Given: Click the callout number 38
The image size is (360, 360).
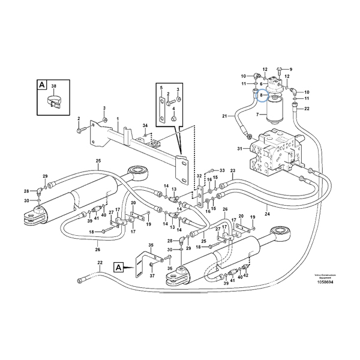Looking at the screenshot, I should click(x=53, y=86).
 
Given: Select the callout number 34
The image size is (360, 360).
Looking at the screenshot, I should click(x=145, y=125).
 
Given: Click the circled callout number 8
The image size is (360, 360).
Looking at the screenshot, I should click(x=261, y=95).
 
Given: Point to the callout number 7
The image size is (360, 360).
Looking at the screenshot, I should click(x=259, y=113).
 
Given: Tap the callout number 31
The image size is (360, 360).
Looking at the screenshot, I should click(x=239, y=149).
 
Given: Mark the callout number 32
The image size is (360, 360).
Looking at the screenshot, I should click(x=199, y=176).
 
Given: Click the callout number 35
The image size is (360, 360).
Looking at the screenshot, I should click(x=151, y=245).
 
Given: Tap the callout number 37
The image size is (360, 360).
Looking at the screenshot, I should click(x=152, y=275).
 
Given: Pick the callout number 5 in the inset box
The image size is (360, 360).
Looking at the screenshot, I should click(x=161, y=88).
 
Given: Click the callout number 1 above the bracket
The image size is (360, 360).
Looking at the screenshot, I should click(x=118, y=119).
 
